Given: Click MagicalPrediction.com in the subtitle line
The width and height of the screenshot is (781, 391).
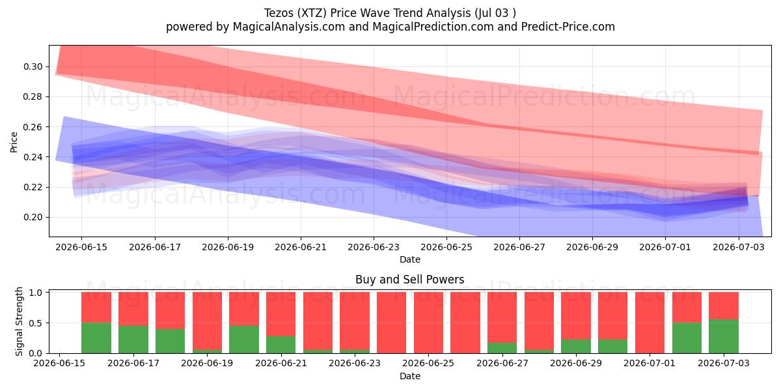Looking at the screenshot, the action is tap(433, 27).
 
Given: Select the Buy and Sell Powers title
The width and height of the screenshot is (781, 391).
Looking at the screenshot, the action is tap(409, 280).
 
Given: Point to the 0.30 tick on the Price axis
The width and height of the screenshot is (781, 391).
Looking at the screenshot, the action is tap(33, 66).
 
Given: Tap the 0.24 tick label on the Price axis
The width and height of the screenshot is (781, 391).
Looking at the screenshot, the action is tap(33, 157).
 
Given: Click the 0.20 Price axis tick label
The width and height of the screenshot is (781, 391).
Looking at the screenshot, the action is tap(33, 218).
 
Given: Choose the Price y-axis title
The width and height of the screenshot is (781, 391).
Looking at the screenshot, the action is tap(14, 142).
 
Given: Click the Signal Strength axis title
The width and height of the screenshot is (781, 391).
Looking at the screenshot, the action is tap(19, 321).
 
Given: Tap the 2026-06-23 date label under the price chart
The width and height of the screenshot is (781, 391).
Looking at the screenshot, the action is tap(374, 247).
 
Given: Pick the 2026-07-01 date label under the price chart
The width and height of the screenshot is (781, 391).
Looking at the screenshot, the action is tap(665, 247).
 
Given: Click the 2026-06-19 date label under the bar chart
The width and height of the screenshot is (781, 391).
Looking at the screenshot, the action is tap(207, 364).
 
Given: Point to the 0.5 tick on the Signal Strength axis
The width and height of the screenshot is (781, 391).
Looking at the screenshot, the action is tap(36, 323).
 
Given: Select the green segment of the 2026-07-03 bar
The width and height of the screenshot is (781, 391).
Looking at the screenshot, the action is tap(724, 336).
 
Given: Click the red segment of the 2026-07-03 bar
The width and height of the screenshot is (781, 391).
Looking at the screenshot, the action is tap(724, 306).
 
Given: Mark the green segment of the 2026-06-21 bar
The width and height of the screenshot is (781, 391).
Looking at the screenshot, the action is tap(281, 345).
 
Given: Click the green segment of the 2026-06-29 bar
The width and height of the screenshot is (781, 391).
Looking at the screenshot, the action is tap(576, 346).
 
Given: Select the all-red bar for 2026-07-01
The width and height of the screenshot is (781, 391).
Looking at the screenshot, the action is tap(650, 323).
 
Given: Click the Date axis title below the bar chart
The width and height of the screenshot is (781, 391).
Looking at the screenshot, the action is tap(409, 377).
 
